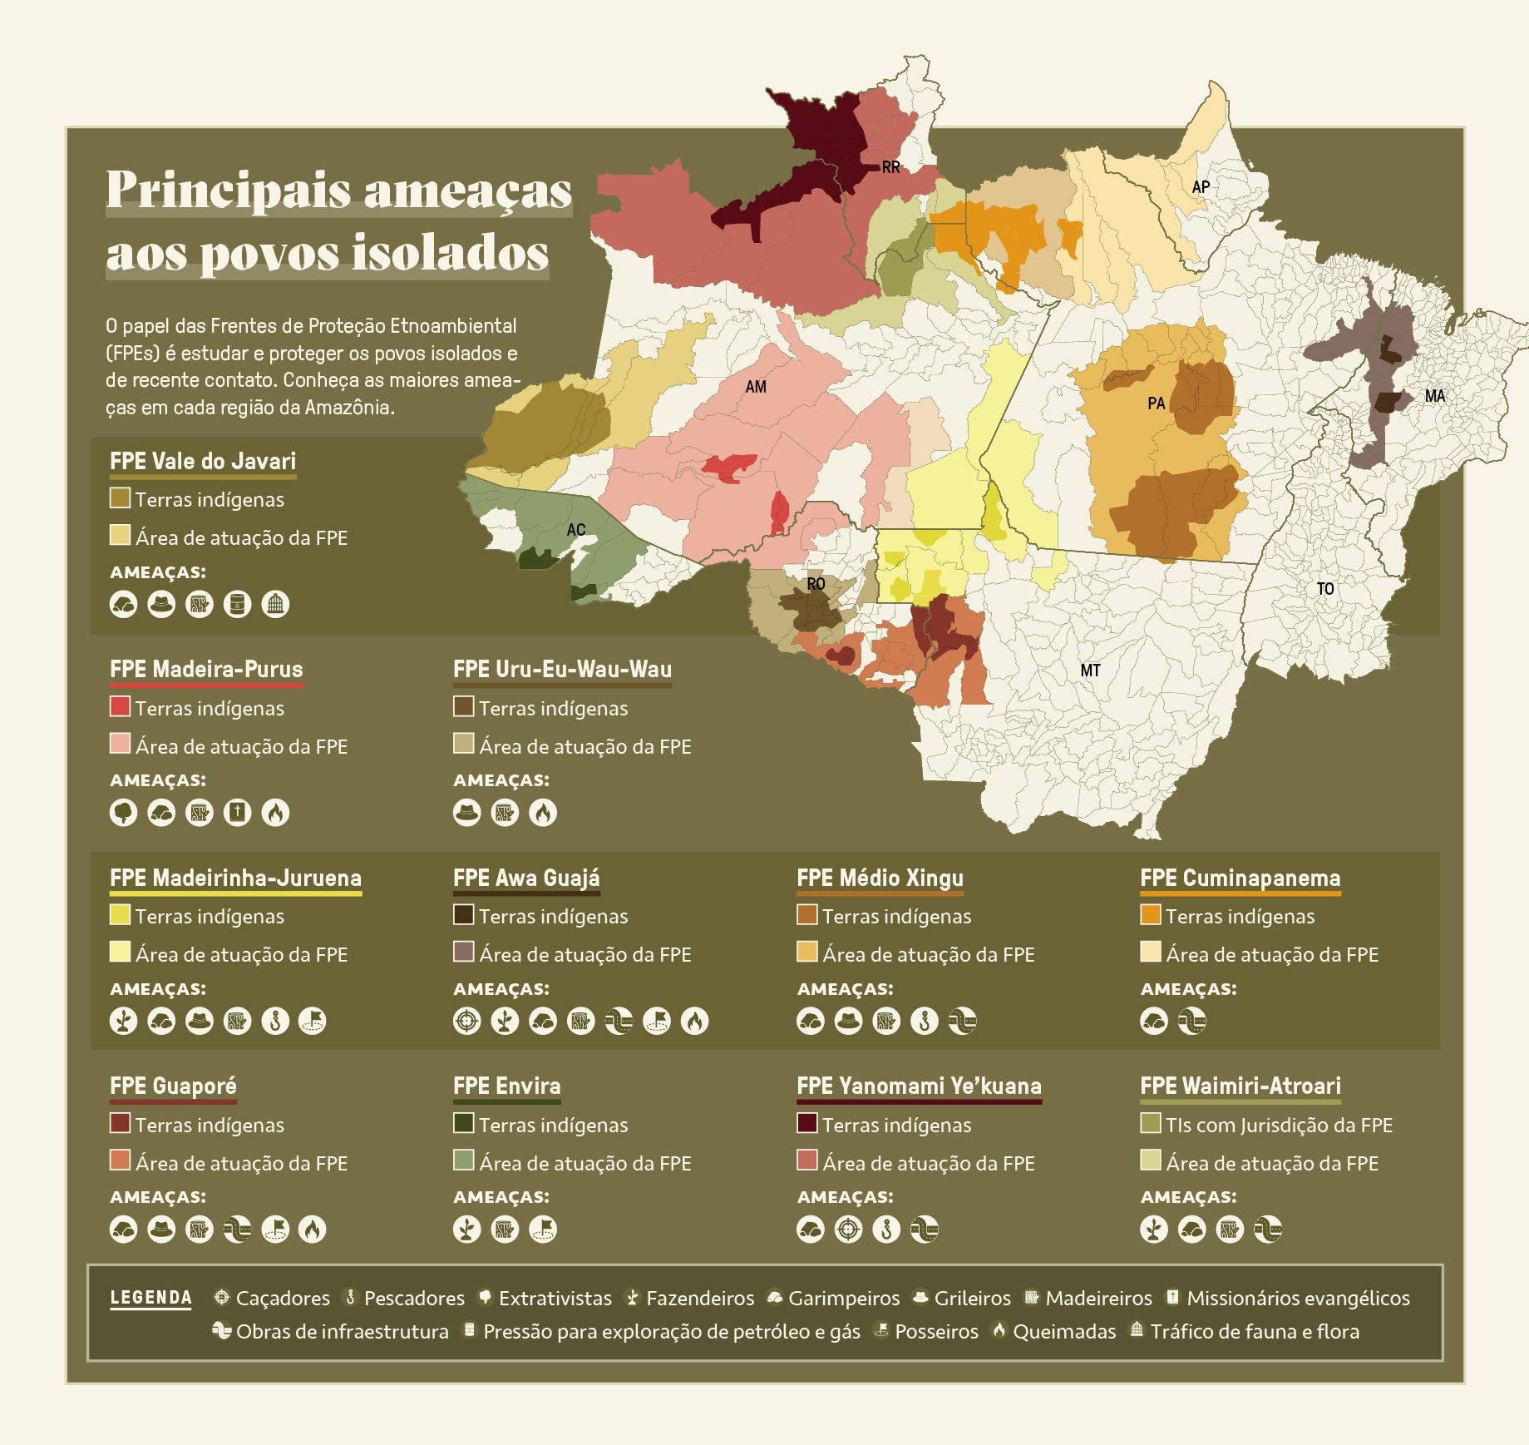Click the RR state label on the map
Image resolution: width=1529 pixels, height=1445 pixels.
(890, 167)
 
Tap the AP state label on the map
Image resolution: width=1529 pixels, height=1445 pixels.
(1200, 187)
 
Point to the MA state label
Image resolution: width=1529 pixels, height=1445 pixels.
(1434, 396)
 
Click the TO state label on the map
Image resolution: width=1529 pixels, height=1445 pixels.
(1324, 589)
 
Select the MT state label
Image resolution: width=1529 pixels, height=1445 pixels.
(1090, 671)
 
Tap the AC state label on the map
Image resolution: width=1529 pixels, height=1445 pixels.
(575, 530)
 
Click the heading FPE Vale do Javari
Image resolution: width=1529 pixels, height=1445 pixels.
(203, 461)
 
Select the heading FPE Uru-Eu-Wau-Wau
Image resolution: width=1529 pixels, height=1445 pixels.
(562, 669)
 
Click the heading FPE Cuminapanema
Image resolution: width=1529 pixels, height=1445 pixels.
(1240, 878)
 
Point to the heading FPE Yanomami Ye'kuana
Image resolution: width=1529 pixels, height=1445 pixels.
(919, 1086)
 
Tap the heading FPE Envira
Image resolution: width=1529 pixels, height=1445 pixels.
(506, 1086)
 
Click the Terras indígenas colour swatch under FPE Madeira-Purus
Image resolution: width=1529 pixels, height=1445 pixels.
(120, 706)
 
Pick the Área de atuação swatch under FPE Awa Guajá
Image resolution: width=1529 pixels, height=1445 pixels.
(463, 952)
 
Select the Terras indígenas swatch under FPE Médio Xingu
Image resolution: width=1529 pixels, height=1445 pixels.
(806, 914)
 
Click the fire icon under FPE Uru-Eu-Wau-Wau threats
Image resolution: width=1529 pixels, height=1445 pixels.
(543, 813)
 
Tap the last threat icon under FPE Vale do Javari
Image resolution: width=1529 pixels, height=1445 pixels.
(275, 604)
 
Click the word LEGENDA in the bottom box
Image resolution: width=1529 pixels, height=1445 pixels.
(150, 1298)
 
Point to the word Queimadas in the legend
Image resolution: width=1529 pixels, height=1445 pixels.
(1063, 1332)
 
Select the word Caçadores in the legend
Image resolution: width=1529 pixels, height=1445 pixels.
(283, 1299)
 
